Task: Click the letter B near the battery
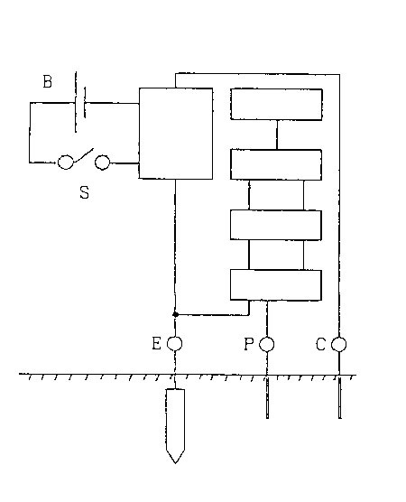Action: tap(47, 81)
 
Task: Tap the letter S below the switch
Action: tap(84, 192)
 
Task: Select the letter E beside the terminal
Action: tap(156, 343)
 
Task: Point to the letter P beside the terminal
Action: tap(249, 344)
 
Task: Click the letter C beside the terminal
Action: tap(320, 345)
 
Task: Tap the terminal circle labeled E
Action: tap(175, 343)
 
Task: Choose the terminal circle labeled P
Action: tap(266, 344)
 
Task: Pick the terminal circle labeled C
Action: tap(338, 344)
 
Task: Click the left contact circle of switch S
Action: tap(65, 162)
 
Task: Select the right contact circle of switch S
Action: tap(102, 162)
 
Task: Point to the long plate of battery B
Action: tap(76, 102)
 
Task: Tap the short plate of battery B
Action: tap(85, 102)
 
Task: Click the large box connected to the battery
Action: tap(176, 134)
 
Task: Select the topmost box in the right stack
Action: tap(276, 105)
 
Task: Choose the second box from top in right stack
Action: tap(276, 164)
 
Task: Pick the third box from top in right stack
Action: tap(276, 225)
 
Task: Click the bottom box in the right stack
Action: tap(276, 285)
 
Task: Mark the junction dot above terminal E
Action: tap(175, 315)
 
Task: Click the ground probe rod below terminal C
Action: tap(340, 397)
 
